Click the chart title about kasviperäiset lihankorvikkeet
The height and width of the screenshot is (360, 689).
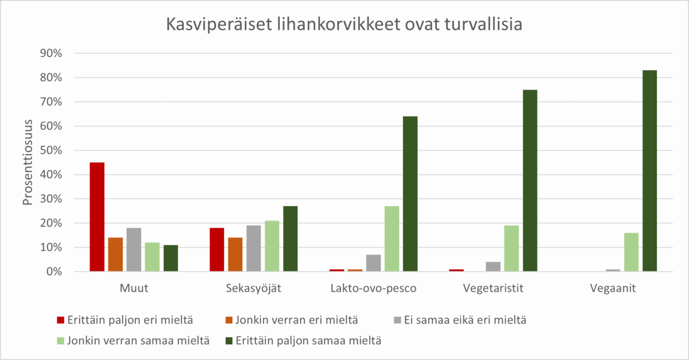coord(344,25)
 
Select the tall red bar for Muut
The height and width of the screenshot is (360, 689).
coord(97,217)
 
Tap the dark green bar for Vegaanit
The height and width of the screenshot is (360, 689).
coord(649,171)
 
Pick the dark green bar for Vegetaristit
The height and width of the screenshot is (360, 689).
coord(530,180)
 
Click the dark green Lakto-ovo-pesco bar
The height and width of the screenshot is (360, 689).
coord(410,193)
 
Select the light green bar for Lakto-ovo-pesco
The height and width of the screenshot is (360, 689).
coord(392,238)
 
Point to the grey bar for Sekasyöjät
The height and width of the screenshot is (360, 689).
coord(253,248)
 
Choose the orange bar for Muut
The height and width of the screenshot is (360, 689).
coord(115,254)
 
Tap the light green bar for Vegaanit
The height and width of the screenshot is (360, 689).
coord(631,252)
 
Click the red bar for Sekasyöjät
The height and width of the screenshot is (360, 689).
coord(216,249)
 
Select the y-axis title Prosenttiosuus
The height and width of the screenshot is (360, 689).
coord(28,162)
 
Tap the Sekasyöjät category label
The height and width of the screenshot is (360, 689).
coord(253,288)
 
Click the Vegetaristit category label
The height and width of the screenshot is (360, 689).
coord(493,288)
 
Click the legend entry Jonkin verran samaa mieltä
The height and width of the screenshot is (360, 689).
coord(132,340)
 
